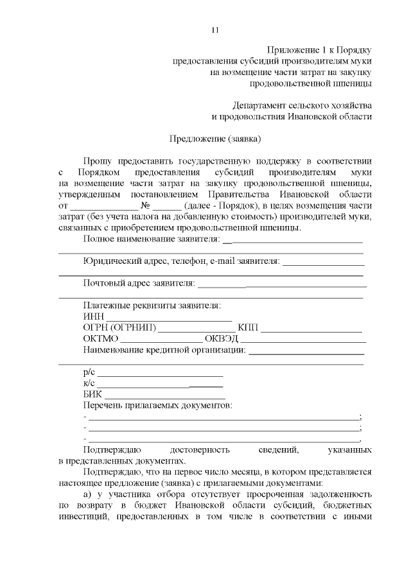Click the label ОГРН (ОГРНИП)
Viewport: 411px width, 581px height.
pyautogui.click(x=119, y=329)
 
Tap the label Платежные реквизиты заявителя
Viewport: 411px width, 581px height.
pyautogui.click(x=152, y=306)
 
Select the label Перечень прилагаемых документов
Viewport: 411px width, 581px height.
pyautogui.click(x=157, y=406)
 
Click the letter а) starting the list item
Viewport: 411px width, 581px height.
pyautogui.click(x=89, y=496)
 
